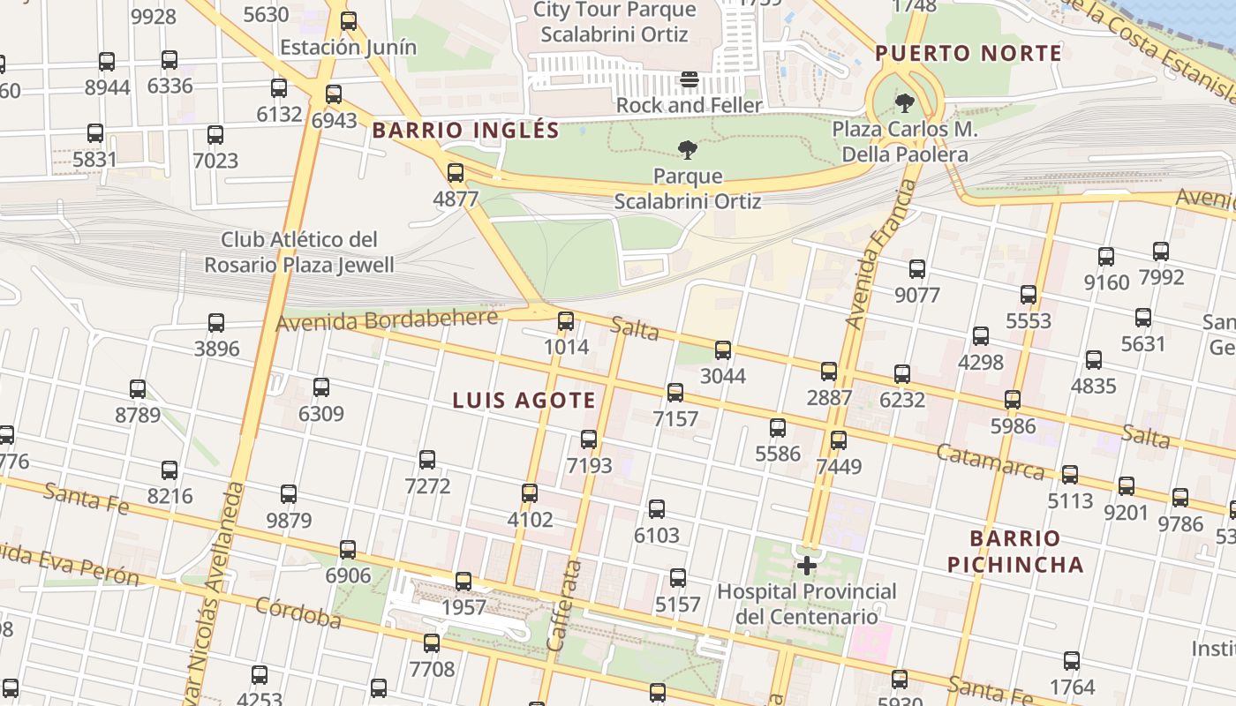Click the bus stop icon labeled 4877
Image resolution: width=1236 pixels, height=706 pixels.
click(x=456, y=173)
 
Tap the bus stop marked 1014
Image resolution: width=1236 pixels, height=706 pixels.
click(x=566, y=321)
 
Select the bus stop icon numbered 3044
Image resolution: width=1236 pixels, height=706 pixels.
click(x=723, y=350)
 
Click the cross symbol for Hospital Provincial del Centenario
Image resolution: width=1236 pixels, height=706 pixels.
click(x=807, y=565)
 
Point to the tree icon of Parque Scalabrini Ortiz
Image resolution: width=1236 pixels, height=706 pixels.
click(x=688, y=150)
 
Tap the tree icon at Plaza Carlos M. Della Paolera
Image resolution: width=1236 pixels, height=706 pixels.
click(x=905, y=103)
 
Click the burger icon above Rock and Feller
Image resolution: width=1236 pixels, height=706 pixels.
click(x=690, y=80)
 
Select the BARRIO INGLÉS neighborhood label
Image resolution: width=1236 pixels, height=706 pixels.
click(x=465, y=131)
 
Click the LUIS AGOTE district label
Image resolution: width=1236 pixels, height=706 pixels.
click(x=524, y=401)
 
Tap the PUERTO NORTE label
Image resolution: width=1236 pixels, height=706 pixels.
click(x=968, y=54)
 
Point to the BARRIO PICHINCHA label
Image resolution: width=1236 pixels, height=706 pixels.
click(x=1014, y=551)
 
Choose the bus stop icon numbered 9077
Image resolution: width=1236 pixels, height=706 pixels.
click(x=917, y=269)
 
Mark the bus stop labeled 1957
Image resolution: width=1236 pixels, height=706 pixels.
click(x=463, y=582)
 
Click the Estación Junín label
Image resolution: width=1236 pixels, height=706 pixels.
click(x=348, y=47)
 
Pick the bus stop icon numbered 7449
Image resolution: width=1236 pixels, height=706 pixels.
click(x=839, y=439)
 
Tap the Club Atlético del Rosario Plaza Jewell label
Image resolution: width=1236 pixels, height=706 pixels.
click(x=299, y=252)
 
